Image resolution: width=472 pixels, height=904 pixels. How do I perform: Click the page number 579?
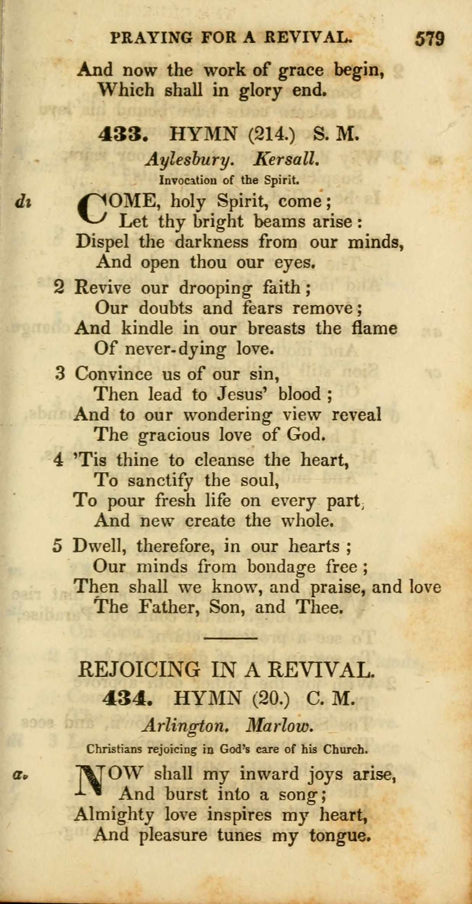pyautogui.click(x=430, y=39)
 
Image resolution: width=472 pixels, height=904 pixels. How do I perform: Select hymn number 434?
pyautogui.click(x=128, y=699)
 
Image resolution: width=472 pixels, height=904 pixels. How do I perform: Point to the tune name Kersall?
pyautogui.click(x=286, y=158)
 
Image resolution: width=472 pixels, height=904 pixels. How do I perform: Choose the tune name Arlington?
pyautogui.click(x=185, y=725)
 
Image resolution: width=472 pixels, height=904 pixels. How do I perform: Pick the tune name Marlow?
pyautogui.click(x=280, y=724)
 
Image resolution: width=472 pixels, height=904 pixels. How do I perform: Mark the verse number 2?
pyautogui.click(x=59, y=288)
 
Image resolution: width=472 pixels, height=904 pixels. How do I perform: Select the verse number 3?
pyautogui.click(x=59, y=374)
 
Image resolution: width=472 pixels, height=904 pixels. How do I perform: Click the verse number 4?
pyautogui.click(x=58, y=460)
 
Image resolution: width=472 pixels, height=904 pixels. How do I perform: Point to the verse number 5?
pyautogui.click(x=57, y=546)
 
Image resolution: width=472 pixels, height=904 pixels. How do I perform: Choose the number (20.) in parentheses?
pyautogui.click(x=271, y=699)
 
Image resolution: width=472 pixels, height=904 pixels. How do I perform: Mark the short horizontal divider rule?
pyautogui.click(x=231, y=637)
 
